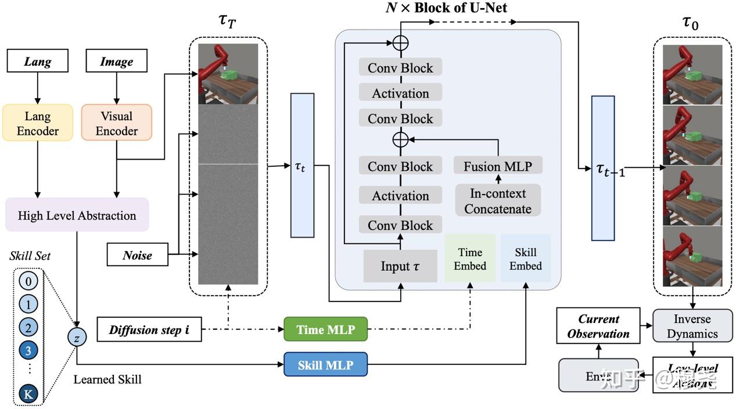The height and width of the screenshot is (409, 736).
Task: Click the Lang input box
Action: [38, 61]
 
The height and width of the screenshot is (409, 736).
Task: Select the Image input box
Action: [116, 61]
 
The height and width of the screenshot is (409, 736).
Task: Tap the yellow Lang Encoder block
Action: [38, 123]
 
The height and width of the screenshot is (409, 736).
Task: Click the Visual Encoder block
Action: [116, 123]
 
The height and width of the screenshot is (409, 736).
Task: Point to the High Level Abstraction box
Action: [77, 216]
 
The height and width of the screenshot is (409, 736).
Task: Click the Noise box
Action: [138, 255]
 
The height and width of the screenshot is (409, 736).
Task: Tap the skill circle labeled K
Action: [28, 394]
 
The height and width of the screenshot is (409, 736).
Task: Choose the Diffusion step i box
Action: [149, 330]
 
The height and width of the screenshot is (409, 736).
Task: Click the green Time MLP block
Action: [325, 329]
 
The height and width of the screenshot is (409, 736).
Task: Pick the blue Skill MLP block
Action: [325, 365]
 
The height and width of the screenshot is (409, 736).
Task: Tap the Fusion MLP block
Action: [498, 166]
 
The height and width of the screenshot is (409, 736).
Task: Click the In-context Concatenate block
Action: [498, 201]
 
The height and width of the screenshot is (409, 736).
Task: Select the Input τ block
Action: [400, 266]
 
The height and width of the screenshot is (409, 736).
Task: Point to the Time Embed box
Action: [470, 259]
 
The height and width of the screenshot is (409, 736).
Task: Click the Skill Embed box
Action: [526, 259]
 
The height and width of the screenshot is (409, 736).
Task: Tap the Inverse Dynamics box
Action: [692, 326]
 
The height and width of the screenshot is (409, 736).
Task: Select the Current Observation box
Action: [598, 326]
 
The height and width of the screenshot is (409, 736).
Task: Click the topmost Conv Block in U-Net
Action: [400, 68]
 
